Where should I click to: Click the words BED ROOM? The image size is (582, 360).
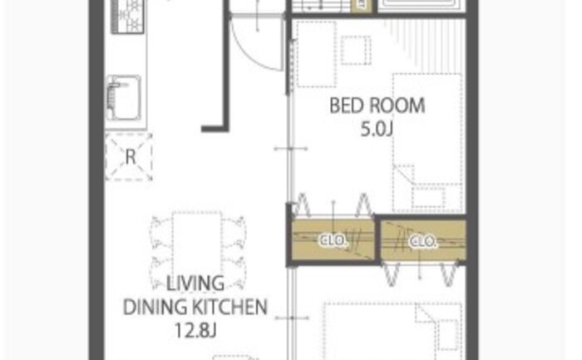point(377,106)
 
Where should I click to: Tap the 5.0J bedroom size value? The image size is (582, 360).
point(377,130)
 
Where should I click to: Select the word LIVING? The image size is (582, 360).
point(195,284)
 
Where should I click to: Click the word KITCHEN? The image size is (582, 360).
point(229,307)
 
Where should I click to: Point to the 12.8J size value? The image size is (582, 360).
point(195,330)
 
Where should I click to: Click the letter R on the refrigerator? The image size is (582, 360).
point(131,157)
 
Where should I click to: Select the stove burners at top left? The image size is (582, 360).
point(128,17)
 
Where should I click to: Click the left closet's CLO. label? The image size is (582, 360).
point(333,240)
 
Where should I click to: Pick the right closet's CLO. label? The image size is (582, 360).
point(422,242)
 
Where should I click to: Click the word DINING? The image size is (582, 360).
point(155,307)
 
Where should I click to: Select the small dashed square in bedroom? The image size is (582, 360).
point(356,50)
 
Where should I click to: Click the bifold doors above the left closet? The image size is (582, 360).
point(333,205)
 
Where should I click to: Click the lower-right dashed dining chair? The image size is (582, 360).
point(234,273)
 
